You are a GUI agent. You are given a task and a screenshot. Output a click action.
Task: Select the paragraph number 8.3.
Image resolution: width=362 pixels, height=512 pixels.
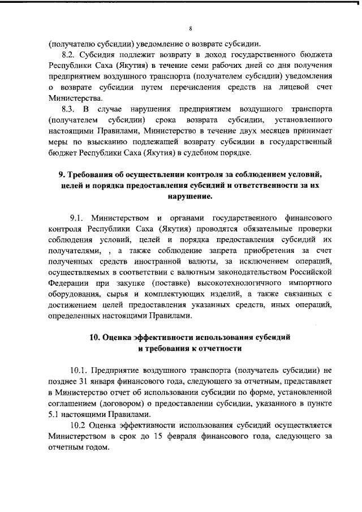tap(69, 108)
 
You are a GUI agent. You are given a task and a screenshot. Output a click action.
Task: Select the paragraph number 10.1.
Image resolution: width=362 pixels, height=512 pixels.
tap(79, 369)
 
